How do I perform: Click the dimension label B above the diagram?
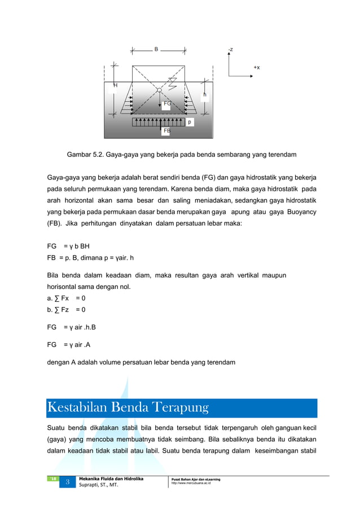(x=156, y=49)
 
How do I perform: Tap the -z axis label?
(x=230, y=50)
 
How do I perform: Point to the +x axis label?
(x=257, y=68)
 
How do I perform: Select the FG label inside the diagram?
(x=167, y=104)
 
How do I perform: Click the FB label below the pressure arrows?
(x=166, y=130)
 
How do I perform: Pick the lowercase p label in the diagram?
(x=190, y=122)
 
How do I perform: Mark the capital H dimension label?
(x=115, y=85)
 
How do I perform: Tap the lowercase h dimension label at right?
(x=204, y=95)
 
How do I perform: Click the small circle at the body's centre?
(x=160, y=90)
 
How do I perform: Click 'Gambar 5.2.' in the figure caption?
(x=84, y=154)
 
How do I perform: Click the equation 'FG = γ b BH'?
(x=68, y=246)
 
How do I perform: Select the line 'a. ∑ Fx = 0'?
(x=66, y=298)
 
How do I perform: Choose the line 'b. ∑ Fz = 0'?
(x=66, y=310)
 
